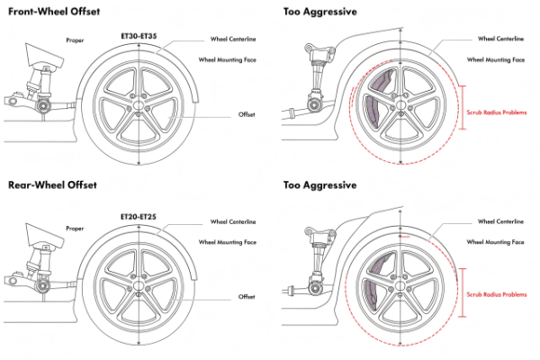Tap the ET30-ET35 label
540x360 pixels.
click(141, 36)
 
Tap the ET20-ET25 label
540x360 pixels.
click(141, 217)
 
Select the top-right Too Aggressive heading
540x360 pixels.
click(319, 12)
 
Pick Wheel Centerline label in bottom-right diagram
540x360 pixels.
click(502, 220)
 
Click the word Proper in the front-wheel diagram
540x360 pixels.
click(76, 40)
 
